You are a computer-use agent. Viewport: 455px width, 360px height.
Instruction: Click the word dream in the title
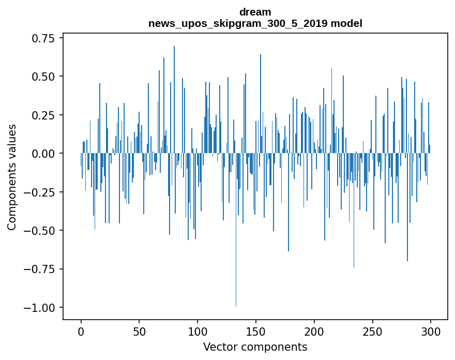[x=255, y=12]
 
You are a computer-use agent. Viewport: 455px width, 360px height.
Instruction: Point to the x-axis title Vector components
[x=255, y=347]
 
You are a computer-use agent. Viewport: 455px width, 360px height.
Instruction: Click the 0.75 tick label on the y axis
[x=44, y=38]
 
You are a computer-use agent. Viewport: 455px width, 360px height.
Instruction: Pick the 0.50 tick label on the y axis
[x=44, y=77]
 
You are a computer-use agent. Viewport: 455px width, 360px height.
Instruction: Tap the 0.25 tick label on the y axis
[x=44, y=115]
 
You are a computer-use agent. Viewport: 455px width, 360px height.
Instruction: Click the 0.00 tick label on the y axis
[x=44, y=154]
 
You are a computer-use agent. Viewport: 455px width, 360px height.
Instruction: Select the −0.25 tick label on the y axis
[x=41, y=192]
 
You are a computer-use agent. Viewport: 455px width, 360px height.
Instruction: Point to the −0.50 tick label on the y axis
[x=41, y=231]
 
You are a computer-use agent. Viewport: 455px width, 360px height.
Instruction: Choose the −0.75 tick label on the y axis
[x=41, y=269]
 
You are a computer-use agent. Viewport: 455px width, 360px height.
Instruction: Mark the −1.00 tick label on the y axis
[x=41, y=308]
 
